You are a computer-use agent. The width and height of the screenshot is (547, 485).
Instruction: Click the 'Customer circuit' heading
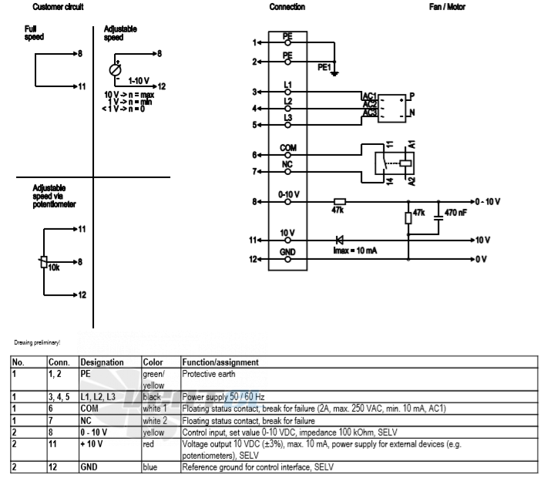58,7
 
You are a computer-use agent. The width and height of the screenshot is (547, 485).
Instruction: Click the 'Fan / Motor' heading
447,7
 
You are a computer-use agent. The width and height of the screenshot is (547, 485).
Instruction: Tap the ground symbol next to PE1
334,73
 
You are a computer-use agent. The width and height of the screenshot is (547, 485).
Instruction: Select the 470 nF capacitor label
455,213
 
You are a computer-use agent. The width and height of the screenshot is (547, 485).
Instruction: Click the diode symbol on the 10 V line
340,240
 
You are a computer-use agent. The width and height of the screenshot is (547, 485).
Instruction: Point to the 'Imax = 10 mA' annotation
355,251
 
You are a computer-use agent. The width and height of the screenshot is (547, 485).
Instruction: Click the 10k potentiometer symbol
44,261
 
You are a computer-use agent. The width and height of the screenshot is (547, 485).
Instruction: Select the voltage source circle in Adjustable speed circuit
115,70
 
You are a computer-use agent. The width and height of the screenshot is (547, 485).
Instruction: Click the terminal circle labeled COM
287,155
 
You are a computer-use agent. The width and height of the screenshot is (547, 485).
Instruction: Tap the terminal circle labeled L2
287,109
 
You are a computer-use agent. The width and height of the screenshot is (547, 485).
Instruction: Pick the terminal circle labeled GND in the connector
287,259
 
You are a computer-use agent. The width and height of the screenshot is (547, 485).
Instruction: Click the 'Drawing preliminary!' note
37,342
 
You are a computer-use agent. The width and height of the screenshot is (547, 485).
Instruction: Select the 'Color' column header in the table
153,362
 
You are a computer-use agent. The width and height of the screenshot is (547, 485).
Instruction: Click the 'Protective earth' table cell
209,374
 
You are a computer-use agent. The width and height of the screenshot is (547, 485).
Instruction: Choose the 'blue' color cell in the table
150,467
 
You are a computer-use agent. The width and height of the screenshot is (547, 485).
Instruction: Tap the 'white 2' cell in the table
155,421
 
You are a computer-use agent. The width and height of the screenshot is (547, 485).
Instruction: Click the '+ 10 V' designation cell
92,444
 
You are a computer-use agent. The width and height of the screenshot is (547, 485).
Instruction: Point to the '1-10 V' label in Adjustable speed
139,81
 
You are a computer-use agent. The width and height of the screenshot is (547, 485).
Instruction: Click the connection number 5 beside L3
255,125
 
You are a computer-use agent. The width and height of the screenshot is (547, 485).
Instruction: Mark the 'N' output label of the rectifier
412,113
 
